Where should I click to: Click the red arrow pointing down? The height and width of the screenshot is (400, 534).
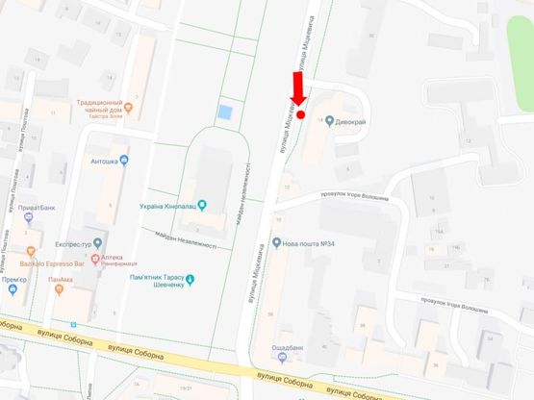297,89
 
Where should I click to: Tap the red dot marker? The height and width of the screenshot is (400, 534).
300,114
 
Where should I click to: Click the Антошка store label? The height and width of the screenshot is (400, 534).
99,161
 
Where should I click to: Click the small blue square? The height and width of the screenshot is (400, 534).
225,112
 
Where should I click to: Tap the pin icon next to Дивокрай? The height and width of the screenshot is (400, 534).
330,122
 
